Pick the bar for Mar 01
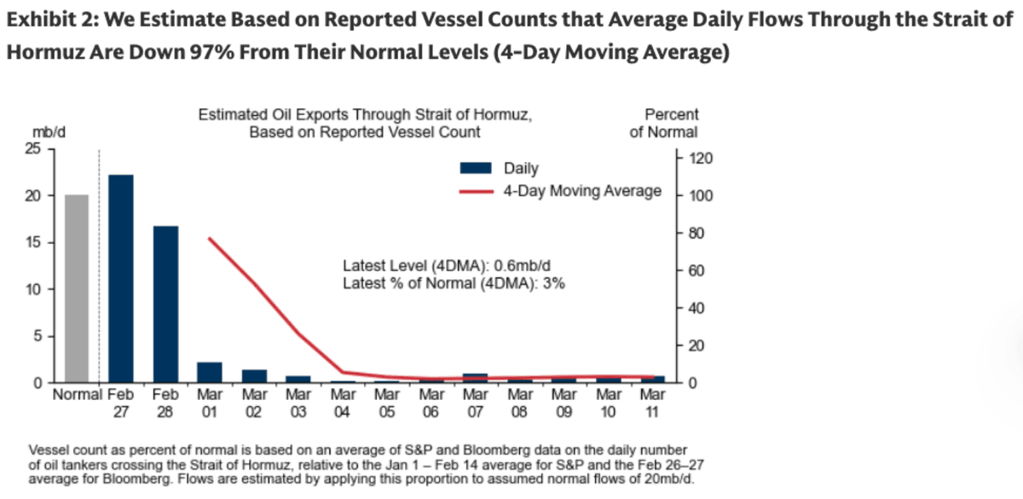click(210, 373)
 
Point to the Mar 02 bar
click(254, 376)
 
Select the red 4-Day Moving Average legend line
click(478, 191)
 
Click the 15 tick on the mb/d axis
click(33, 243)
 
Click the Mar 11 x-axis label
click(652, 403)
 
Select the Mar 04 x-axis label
click(343, 403)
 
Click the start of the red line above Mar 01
click(210, 239)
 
